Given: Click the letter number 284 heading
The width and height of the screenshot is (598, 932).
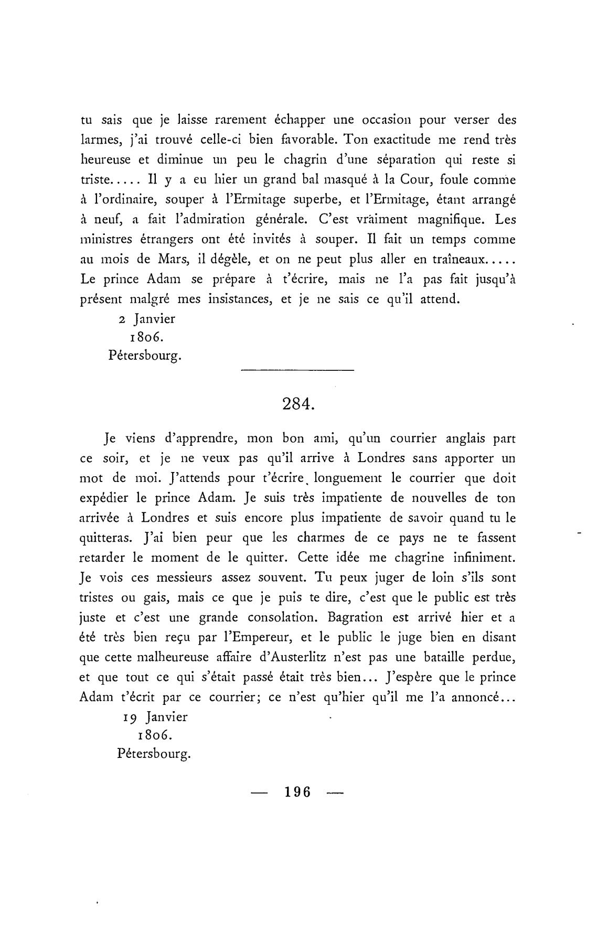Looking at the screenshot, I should point(298,404).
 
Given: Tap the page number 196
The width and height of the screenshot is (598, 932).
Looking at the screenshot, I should point(297,792).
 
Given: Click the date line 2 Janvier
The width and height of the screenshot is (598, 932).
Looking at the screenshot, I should point(147,318).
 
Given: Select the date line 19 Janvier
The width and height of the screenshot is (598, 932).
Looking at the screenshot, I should point(155,716).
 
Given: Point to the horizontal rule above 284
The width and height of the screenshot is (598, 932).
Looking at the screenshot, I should point(297,371).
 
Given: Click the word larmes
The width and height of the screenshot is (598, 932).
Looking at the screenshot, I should point(101,140).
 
